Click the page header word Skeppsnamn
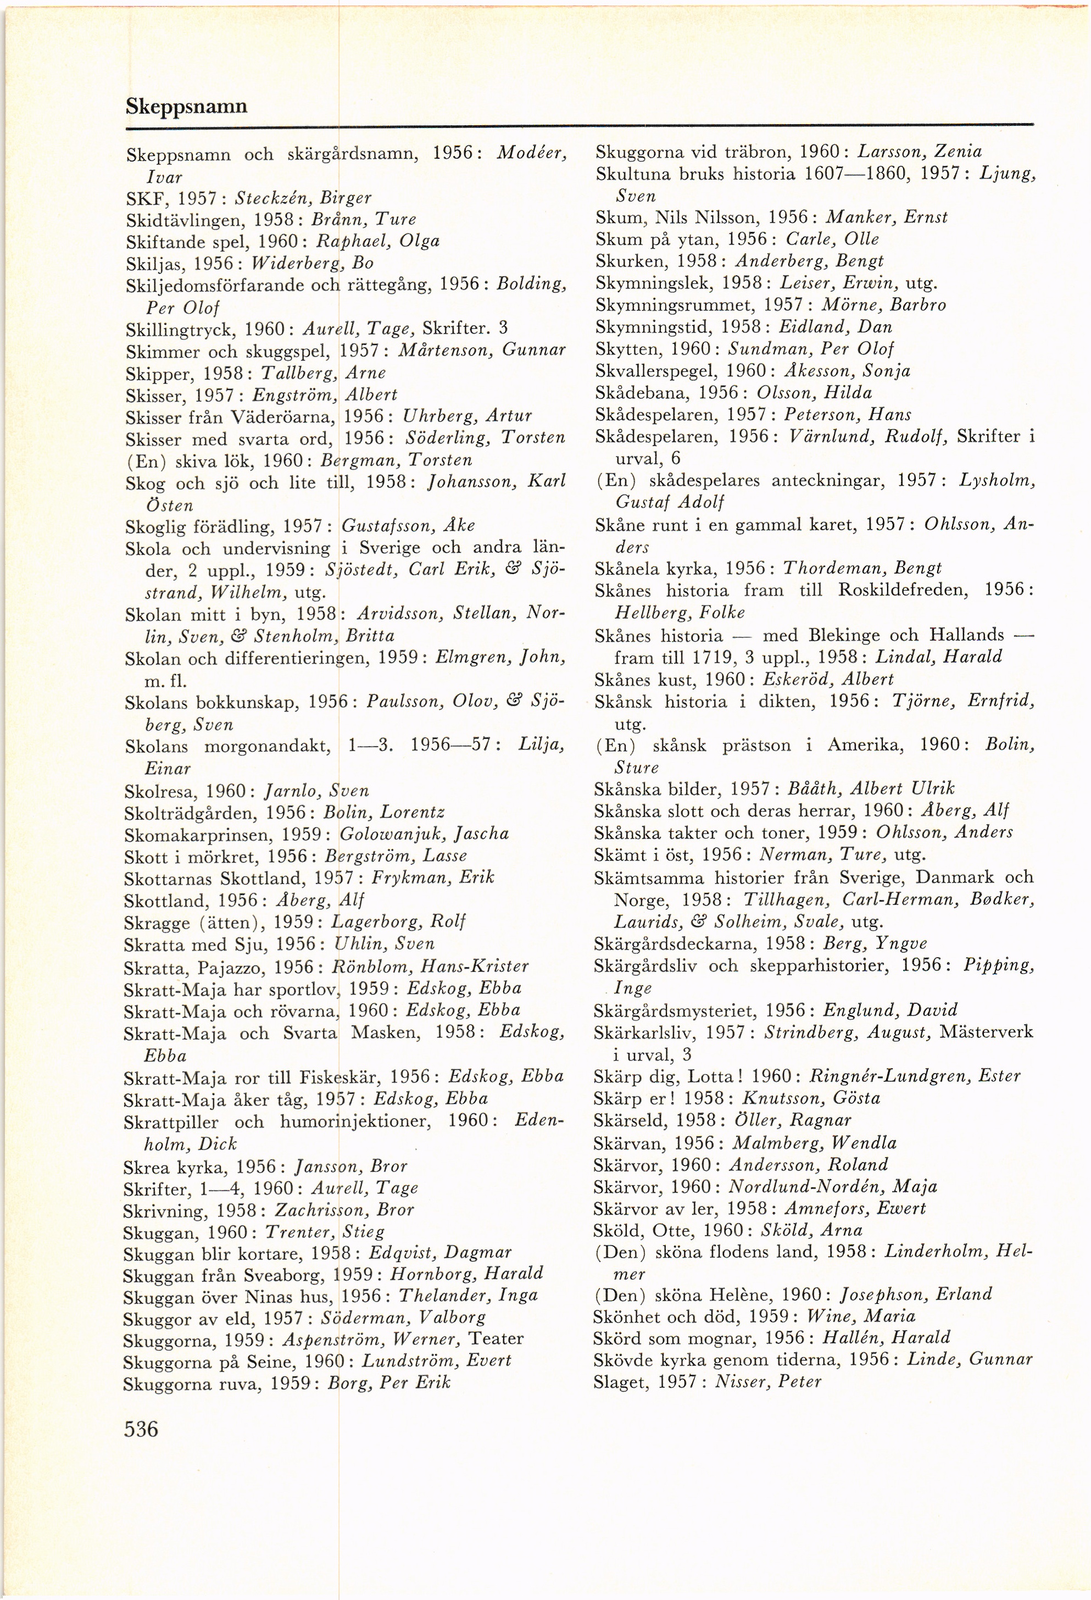[187, 106]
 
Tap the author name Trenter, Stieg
[325, 1232]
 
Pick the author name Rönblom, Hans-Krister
[430, 966]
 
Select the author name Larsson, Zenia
[920, 152]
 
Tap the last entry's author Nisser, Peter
[767, 1382]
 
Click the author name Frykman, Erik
[433, 878]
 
